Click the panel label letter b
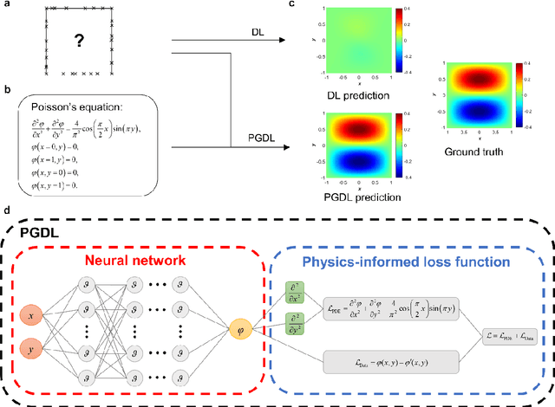(7, 90)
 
